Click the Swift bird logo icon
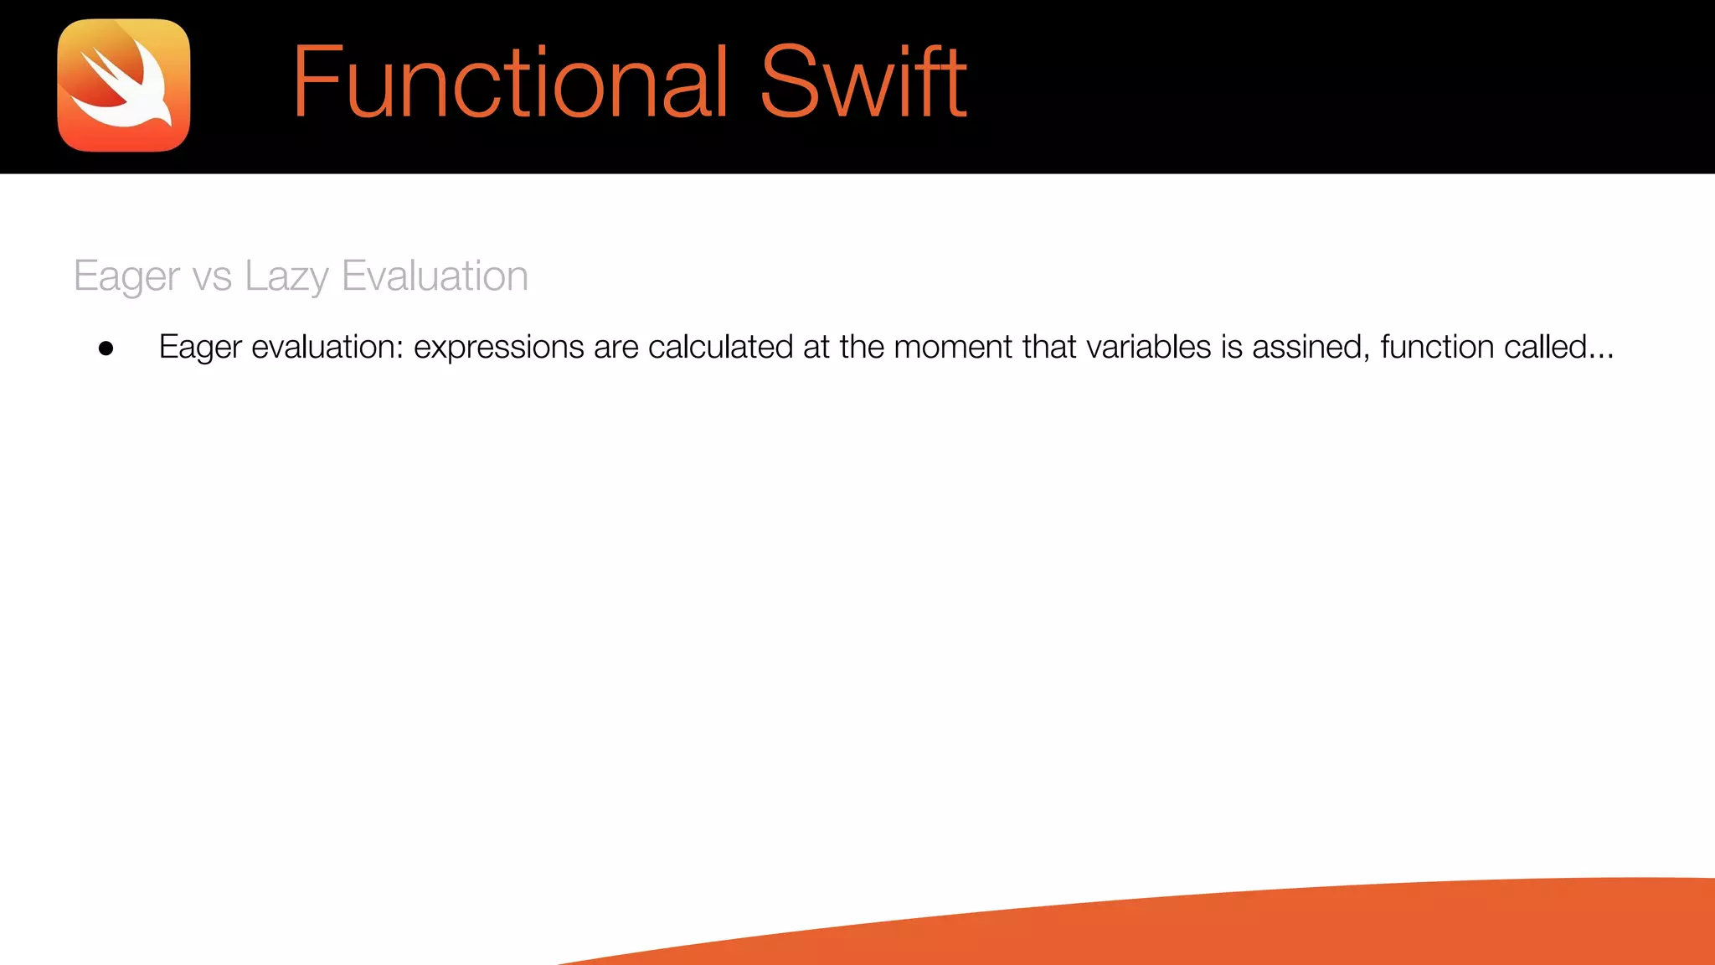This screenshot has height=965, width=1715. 124,85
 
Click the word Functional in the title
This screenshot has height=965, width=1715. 510,82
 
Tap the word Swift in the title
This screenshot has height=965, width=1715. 863,82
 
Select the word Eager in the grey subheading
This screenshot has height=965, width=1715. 126,276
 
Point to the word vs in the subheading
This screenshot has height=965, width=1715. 212,276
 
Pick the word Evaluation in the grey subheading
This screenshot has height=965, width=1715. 435,276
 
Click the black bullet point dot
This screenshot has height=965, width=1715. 106,348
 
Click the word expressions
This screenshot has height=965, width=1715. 499,347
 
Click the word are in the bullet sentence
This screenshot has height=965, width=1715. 615,347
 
